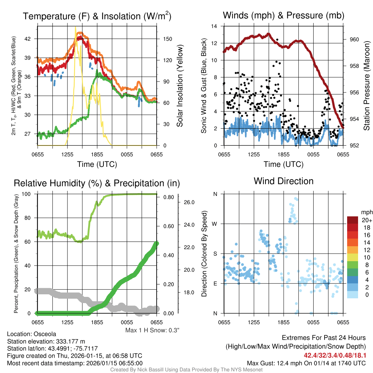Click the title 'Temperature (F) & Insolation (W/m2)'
(x=97, y=16)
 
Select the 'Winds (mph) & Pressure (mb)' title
(x=283, y=15)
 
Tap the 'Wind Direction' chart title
(x=283, y=181)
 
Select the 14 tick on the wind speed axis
(x=215, y=26)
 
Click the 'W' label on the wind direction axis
(x=215, y=224)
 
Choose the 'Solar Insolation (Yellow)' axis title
(x=180, y=86)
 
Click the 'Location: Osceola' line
(x=31, y=334)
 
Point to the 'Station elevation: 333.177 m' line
(x=46, y=341)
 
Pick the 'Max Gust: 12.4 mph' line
(x=306, y=363)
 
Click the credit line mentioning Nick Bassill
(x=186, y=369)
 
